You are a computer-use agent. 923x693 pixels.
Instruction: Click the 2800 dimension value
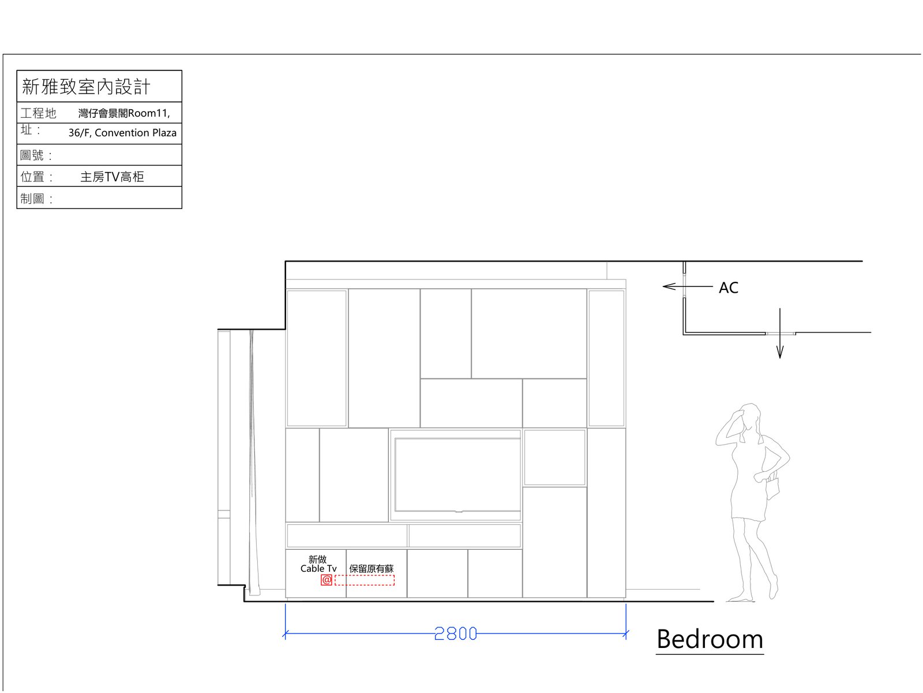click(x=455, y=634)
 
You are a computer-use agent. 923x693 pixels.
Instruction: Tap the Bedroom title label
click(x=710, y=639)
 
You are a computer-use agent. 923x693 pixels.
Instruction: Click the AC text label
click(x=729, y=288)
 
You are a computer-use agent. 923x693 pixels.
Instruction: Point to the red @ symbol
click(x=327, y=580)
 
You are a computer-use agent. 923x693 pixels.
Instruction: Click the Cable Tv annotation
click(x=318, y=568)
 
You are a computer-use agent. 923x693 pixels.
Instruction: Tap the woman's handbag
click(x=772, y=488)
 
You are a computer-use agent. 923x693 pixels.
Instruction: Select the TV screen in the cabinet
click(x=457, y=475)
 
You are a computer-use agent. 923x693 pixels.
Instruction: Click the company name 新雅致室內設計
click(x=86, y=87)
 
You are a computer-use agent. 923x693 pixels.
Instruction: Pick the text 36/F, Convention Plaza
click(x=122, y=133)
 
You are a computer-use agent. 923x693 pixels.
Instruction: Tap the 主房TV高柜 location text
click(x=112, y=177)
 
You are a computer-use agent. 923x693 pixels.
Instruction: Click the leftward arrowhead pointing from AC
click(x=669, y=286)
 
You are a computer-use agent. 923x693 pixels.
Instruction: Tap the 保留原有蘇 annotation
click(x=372, y=569)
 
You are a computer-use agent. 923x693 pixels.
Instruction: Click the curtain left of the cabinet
click(x=253, y=462)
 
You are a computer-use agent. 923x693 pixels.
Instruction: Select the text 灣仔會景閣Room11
click(x=123, y=113)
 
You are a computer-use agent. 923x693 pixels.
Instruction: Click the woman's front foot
click(x=740, y=598)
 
